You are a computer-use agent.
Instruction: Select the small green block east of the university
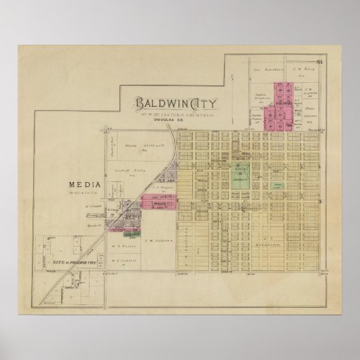[x=278, y=184]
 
